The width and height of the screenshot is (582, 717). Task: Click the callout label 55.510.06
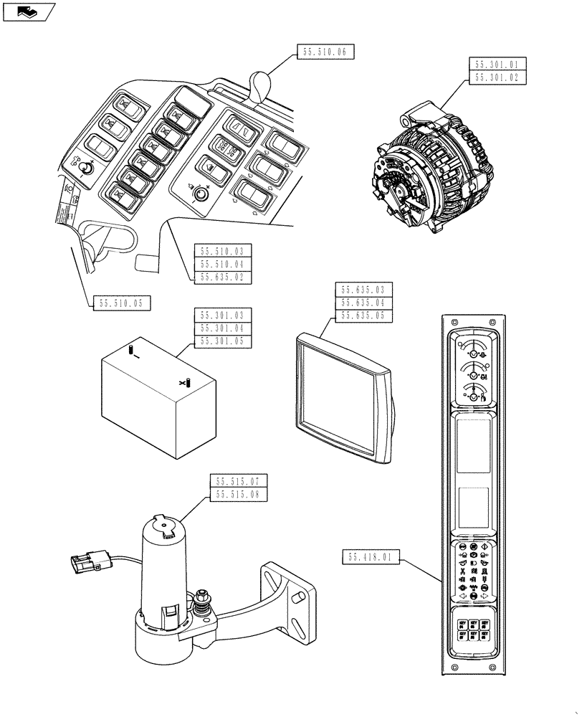pos(325,52)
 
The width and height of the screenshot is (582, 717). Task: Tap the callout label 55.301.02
pos(497,78)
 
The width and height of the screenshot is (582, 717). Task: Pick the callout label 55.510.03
pos(223,251)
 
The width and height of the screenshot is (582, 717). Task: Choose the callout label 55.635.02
pos(223,277)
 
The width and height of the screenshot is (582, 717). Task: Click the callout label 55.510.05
pos(122,303)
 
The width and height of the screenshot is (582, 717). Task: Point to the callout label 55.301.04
pos(223,328)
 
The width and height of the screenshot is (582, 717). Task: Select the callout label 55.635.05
pos(363,315)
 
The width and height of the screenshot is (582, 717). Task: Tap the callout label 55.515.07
pos(237,480)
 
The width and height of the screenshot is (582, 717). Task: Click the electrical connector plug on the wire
pos(85,562)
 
